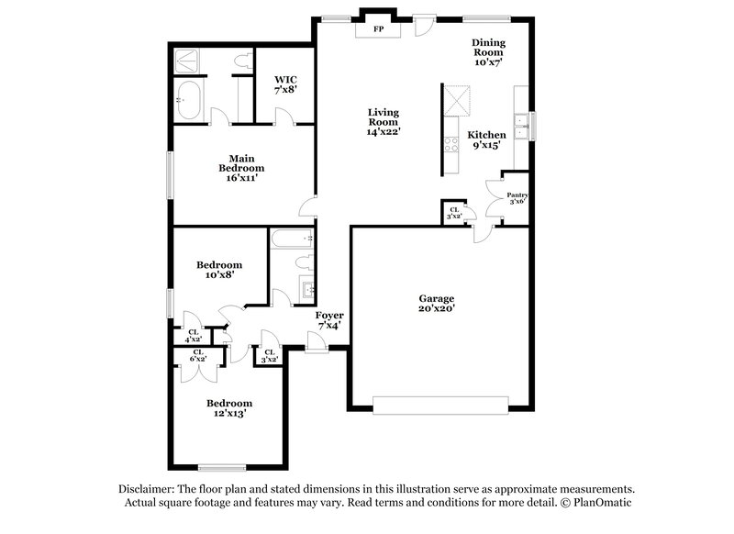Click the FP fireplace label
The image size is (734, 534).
point(378,29)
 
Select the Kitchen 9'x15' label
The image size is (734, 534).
point(487,139)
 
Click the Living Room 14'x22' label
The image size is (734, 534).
point(383,122)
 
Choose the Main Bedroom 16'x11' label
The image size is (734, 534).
point(241,168)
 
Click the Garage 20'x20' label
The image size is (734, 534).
point(437,304)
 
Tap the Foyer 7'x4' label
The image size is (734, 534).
point(329,320)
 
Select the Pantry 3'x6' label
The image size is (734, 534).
point(517,198)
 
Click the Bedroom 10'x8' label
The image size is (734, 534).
point(219,270)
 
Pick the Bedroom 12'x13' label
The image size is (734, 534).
point(228,408)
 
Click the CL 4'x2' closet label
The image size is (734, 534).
point(195,336)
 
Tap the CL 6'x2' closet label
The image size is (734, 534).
point(198,356)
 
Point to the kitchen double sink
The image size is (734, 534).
point(522,125)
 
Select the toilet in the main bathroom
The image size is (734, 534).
point(242,61)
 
